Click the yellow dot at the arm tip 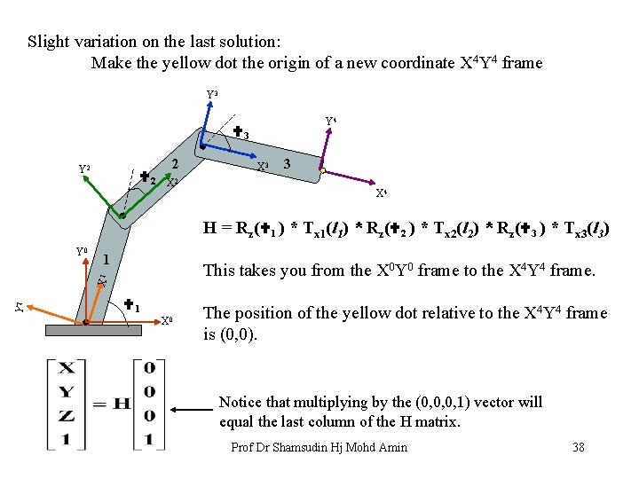tap(323, 170)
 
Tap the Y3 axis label tap(212, 94)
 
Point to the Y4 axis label tap(330, 121)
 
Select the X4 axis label tap(381, 192)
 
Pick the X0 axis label tap(167, 320)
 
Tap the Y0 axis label tap(81, 251)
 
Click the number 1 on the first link tap(106, 260)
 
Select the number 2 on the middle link tap(176, 164)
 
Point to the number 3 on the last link tap(287, 164)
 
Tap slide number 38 tap(579, 447)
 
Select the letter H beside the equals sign tap(123, 405)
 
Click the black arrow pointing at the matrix tap(192, 411)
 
